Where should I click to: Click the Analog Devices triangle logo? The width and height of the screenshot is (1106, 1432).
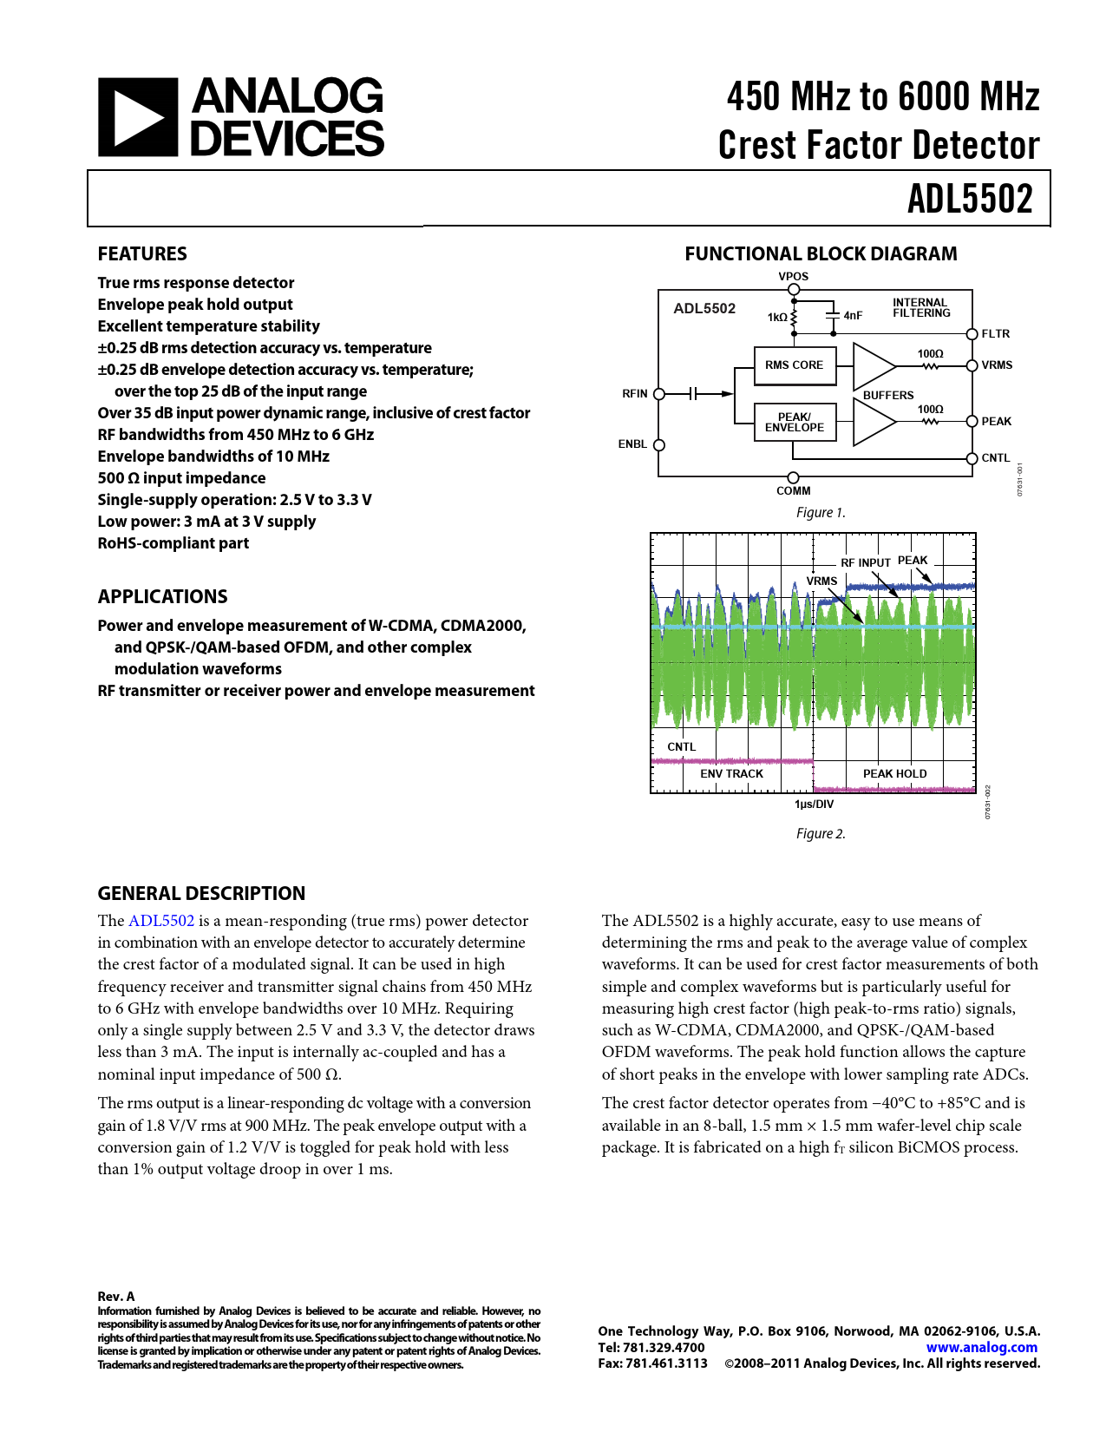click(x=138, y=116)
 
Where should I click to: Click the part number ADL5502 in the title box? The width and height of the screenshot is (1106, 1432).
click(x=970, y=199)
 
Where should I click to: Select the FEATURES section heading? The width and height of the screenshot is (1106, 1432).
click(x=142, y=253)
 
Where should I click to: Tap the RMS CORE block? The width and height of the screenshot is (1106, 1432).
click(x=795, y=365)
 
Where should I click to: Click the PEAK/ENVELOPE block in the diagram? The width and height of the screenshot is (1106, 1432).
click(x=795, y=422)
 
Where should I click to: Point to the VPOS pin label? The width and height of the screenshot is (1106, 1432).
click(x=793, y=276)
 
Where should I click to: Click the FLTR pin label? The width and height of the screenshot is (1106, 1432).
click(x=995, y=334)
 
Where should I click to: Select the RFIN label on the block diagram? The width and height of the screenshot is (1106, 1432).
click(x=635, y=393)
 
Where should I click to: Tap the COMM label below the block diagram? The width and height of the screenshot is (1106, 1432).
click(x=793, y=491)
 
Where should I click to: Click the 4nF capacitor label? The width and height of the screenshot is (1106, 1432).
click(x=853, y=316)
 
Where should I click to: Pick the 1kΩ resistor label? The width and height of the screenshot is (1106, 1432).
click(x=777, y=317)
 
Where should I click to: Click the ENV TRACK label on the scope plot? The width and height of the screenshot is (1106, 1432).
click(x=731, y=773)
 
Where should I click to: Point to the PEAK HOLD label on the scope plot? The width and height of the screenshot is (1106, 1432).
click(x=894, y=773)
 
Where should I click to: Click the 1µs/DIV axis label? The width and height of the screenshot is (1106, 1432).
click(x=814, y=804)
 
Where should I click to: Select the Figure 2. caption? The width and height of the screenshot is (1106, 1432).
click(x=821, y=834)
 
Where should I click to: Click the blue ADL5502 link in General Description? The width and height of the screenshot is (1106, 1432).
click(x=161, y=921)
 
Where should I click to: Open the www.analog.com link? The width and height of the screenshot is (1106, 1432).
click(x=981, y=1348)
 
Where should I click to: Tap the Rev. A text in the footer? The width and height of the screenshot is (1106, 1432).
click(x=116, y=1297)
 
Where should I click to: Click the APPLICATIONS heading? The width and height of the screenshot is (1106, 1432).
click(x=163, y=596)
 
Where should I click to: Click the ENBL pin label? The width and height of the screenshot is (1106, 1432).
click(x=632, y=444)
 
